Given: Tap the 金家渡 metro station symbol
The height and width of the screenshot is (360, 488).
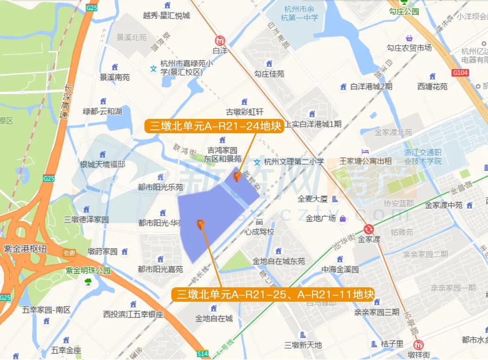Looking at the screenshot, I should pyautogui.click(x=369, y=229).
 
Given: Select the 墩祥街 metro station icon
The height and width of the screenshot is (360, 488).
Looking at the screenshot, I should pyautogui.click(x=419, y=345).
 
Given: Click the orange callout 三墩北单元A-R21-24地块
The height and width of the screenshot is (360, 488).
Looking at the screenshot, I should pyautogui.click(x=214, y=126).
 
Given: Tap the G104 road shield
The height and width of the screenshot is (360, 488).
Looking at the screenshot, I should pyautogui.click(x=460, y=73).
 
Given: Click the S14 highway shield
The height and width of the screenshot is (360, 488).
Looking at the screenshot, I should pyautogui.click(x=202, y=354).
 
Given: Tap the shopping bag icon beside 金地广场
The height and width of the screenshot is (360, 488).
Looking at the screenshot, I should pyautogui.click(x=343, y=218).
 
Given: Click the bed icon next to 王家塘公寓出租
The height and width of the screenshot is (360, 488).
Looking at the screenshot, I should pyautogui.click(x=365, y=152).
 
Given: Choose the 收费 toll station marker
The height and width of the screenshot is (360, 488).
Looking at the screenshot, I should pyautogui.click(x=69, y=253).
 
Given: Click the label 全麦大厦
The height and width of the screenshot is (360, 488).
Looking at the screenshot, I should pyautogui.click(x=313, y=199).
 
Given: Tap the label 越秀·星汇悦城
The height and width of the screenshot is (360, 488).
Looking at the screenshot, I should pyautogui.click(x=167, y=16).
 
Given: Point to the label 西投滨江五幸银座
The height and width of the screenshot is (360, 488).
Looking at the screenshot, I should pyautogui.click(x=133, y=314).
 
